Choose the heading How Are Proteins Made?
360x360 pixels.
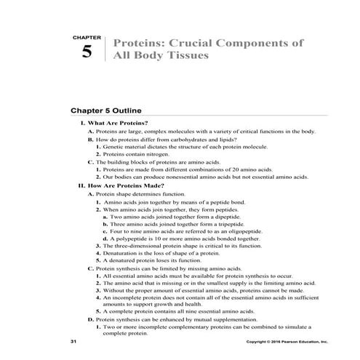[124, 185]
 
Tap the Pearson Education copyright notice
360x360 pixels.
[287, 340]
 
